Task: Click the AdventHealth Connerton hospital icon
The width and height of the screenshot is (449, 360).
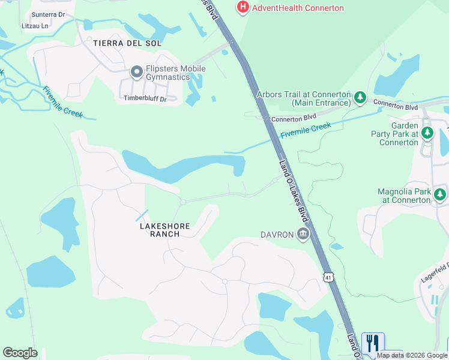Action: point(243,7)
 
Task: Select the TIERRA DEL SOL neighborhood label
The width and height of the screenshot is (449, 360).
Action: point(127,43)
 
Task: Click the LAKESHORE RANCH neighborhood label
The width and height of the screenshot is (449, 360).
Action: point(164,230)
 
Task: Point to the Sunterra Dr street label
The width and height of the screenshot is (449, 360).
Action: point(47,14)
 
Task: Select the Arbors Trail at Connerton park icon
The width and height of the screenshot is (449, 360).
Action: point(360,97)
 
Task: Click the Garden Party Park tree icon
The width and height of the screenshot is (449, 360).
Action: point(427,132)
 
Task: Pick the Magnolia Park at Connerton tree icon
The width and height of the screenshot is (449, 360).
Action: point(440,194)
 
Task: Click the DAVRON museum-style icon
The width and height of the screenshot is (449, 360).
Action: point(303,234)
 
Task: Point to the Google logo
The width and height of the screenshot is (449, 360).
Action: point(20,353)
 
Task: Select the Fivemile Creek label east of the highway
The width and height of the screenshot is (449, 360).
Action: point(306,130)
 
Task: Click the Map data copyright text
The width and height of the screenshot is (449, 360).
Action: point(412,355)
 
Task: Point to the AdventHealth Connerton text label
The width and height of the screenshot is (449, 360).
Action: point(298,8)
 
